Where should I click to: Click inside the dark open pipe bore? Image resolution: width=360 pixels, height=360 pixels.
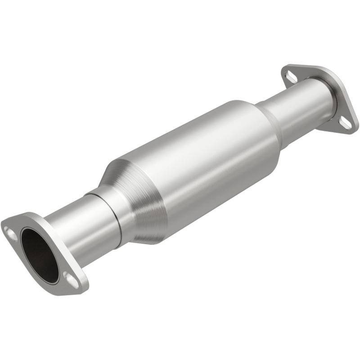pyautogui.click(x=40, y=255)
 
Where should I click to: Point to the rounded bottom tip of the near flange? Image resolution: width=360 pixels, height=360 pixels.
pyautogui.click(x=81, y=290)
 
